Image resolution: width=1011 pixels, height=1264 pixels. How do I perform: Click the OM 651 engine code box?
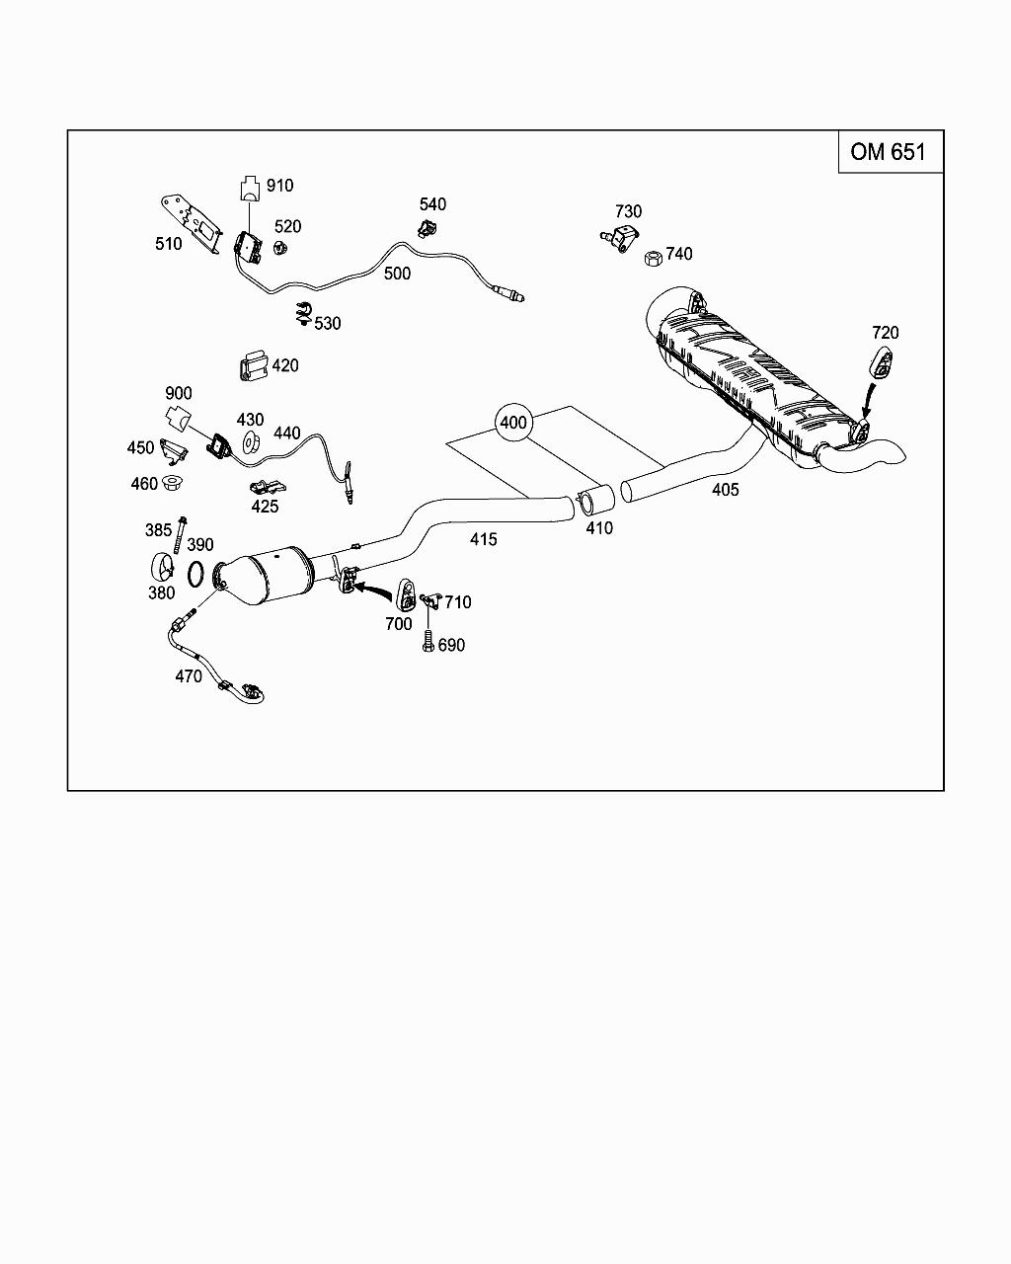point(890,152)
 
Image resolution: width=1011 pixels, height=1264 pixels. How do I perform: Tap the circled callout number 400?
point(513,423)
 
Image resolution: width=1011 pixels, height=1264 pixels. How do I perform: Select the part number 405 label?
point(725,490)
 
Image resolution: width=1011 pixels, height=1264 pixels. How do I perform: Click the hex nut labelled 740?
point(652,258)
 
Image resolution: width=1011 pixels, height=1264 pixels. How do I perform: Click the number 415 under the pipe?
point(484,540)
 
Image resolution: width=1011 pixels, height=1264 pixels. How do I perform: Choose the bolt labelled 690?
point(428,641)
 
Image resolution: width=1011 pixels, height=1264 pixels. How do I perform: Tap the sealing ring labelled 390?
point(196,573)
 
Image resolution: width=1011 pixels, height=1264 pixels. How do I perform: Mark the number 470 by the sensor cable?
point(189,676)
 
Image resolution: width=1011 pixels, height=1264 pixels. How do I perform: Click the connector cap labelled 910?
point(249,188)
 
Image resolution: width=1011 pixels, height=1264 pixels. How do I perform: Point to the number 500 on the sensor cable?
point(397,274)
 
